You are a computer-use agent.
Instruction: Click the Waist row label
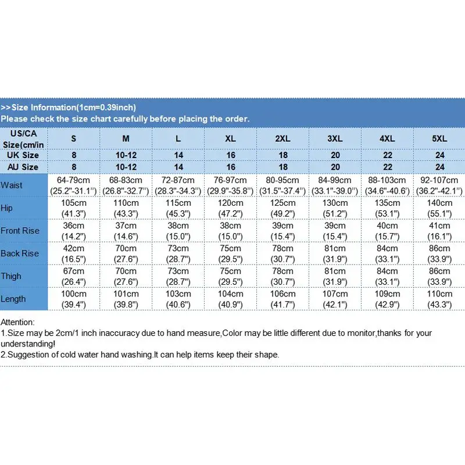point(12,185)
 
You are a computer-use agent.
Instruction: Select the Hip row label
point(7,208)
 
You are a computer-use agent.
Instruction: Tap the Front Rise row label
point(20,231)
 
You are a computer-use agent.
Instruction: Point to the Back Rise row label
point(20,253)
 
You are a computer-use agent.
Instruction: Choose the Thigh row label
point(12,276)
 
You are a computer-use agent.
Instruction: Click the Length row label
point(13,299)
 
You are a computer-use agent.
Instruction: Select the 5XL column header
point(439,139)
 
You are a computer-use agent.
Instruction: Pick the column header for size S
point(73,139)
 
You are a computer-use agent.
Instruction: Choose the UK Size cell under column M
point(126,155)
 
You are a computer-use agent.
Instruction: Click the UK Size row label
point(23,155)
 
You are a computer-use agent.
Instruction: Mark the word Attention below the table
point(17,322)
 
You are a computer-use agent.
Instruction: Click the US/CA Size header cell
point(23,139)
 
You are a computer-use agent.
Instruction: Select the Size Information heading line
point(69,108)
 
